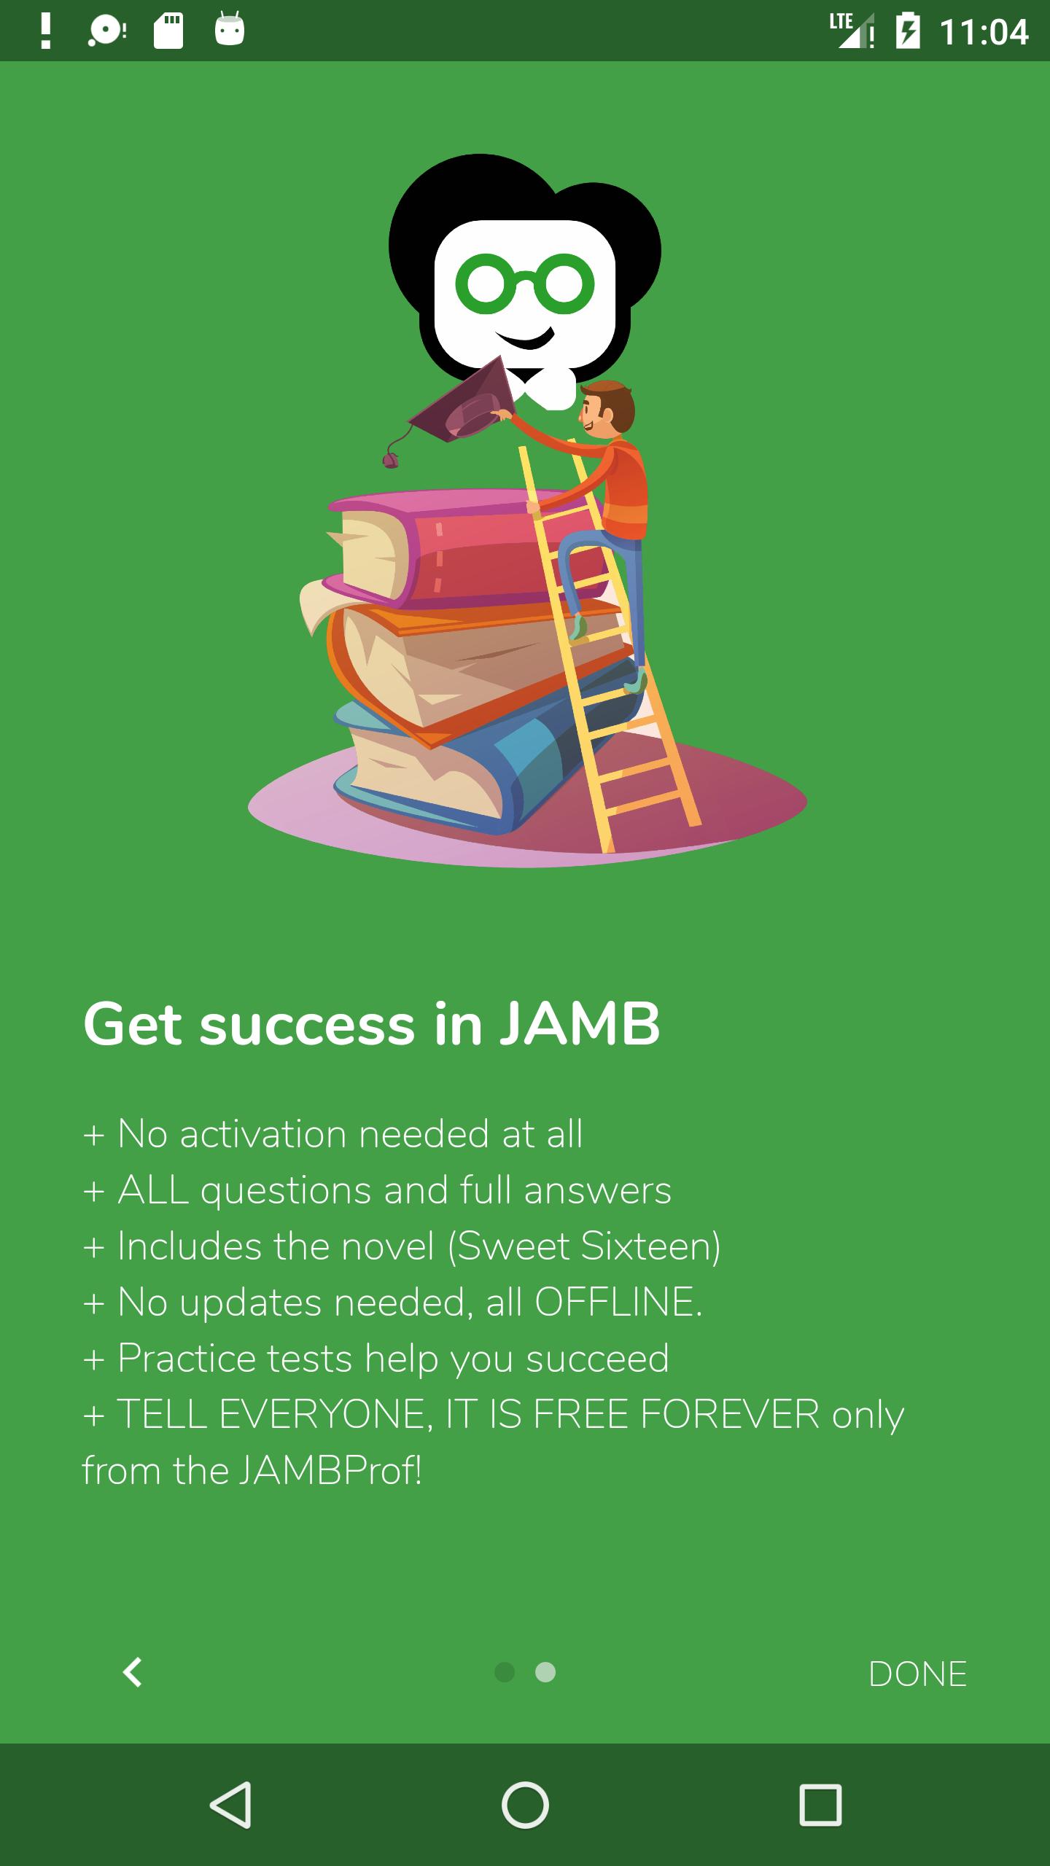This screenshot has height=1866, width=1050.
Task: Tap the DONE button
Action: tap(917, 1674)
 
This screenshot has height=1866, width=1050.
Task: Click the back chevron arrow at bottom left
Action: tap(132, 1672)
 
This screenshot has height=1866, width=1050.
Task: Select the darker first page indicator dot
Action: tap(505, 1672)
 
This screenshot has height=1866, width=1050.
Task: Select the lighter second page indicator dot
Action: tap(545, 1672)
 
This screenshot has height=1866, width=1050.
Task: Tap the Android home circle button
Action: tap(525, 1805)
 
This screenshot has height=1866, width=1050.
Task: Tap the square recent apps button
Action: tap(820, 1805)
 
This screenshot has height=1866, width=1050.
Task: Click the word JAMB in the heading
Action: tap(580, 1024)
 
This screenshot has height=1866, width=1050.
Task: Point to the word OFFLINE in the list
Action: tap(618, 1302)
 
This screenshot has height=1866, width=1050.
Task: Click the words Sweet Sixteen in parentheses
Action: tap(583, 1246)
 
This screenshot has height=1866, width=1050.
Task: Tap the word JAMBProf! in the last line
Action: tap(330, 1470)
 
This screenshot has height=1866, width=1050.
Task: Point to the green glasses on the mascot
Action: tap(525, 283)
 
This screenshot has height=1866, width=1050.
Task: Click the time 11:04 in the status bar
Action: tap(984, 31)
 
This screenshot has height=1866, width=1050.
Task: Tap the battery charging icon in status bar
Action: tap(907, 31)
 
